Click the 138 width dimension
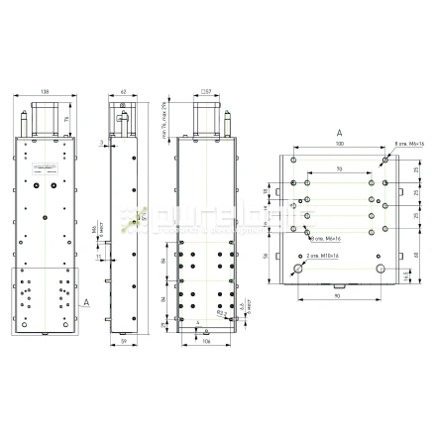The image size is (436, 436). (45, 92)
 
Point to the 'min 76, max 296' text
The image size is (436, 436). (163, 118)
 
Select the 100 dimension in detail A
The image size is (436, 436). (340, 145)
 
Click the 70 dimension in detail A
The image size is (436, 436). (340, 170)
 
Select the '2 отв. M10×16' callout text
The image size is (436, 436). (326, 256)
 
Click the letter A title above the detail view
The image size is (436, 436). (340, 131)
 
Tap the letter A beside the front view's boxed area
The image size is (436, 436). (88, 297)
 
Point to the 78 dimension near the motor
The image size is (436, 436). (67, 119)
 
